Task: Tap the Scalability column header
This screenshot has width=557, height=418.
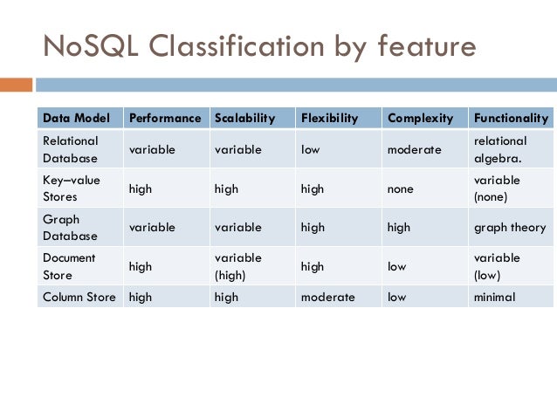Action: pos(244,118)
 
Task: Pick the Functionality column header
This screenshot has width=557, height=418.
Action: pos(511,118)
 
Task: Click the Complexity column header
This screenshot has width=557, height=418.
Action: pos(420,118)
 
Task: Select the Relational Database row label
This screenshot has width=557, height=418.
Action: pos(71,149)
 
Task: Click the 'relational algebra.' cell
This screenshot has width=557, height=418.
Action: pos(500,149)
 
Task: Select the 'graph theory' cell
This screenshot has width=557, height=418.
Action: pos(509,227)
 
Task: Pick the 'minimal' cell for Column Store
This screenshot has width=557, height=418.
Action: pos(494,297)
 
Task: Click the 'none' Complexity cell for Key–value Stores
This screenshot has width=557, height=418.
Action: pos(401,188)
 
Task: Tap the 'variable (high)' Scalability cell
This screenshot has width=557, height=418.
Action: pos(237,266)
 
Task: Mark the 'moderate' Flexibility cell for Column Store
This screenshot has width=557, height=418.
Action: pos(327,297)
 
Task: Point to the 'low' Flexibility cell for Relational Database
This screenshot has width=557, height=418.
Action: pos(311,149)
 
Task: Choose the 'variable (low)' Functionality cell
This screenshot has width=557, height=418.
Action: pos(497,266)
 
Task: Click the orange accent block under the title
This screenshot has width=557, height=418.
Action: pos(16,85)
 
